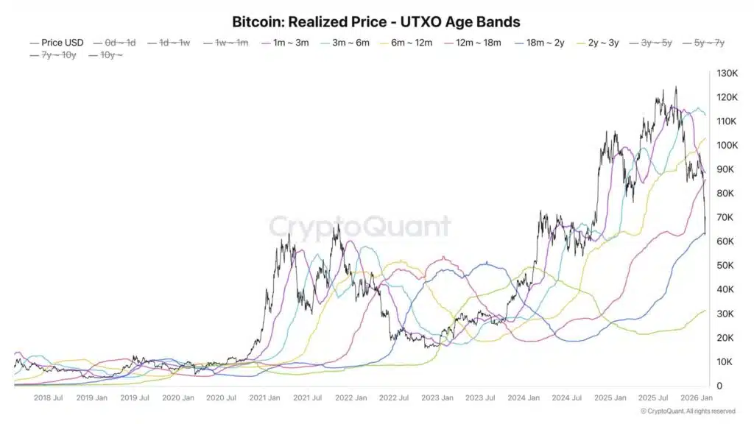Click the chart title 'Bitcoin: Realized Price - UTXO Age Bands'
pyautogui.click(x=376, y=22)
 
